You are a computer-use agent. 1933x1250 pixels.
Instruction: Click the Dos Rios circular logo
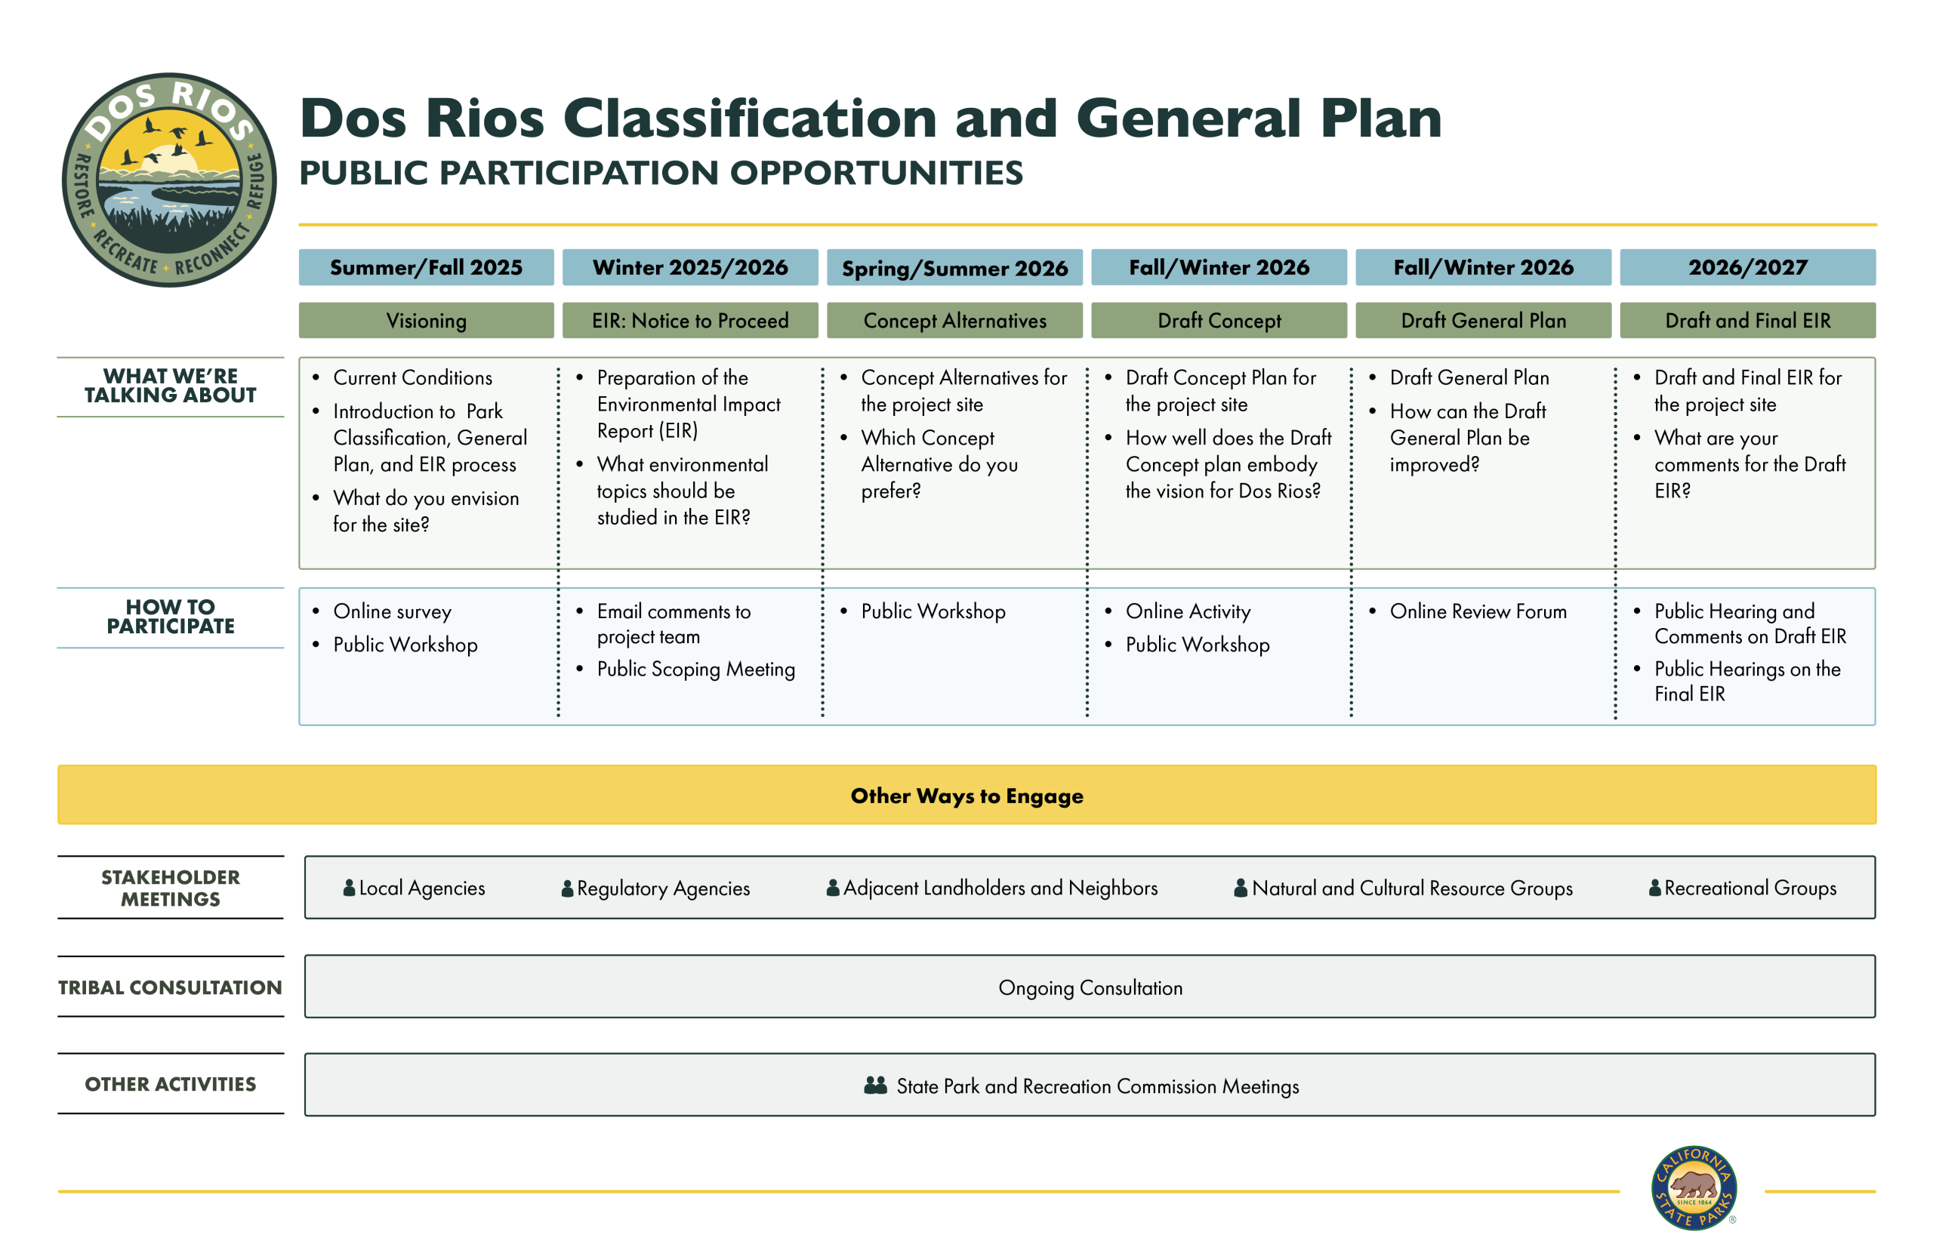(x=169, y=180)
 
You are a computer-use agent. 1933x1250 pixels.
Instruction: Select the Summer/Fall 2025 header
(x=426, y=267)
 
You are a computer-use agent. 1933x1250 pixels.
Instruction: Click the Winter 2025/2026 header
(x=690, y=267)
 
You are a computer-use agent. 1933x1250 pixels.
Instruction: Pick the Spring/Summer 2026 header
(x=954, y=267)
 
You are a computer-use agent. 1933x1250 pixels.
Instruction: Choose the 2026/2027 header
(x=1747, y=267)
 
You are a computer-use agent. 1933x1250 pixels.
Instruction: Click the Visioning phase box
(x=426, y=320)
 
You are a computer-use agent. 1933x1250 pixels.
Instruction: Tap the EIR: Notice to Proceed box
(x=690, y=320)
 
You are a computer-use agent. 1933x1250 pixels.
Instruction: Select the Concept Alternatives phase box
(x=954, y=320)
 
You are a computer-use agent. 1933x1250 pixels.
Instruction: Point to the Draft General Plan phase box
(x=1483, y=320)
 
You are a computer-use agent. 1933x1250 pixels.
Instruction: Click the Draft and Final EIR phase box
(x=1747, y=320)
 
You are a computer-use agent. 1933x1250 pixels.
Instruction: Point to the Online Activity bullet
(x=1178, y=611)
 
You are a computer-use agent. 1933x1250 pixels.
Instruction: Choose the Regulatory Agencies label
(x=655, y=888)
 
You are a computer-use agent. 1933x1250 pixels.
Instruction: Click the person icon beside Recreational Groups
(x=1654, y=888)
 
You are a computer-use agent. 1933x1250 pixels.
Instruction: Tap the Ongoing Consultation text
(x=1090, y=988)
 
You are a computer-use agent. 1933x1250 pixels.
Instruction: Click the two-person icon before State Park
(x=875, y=1085)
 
